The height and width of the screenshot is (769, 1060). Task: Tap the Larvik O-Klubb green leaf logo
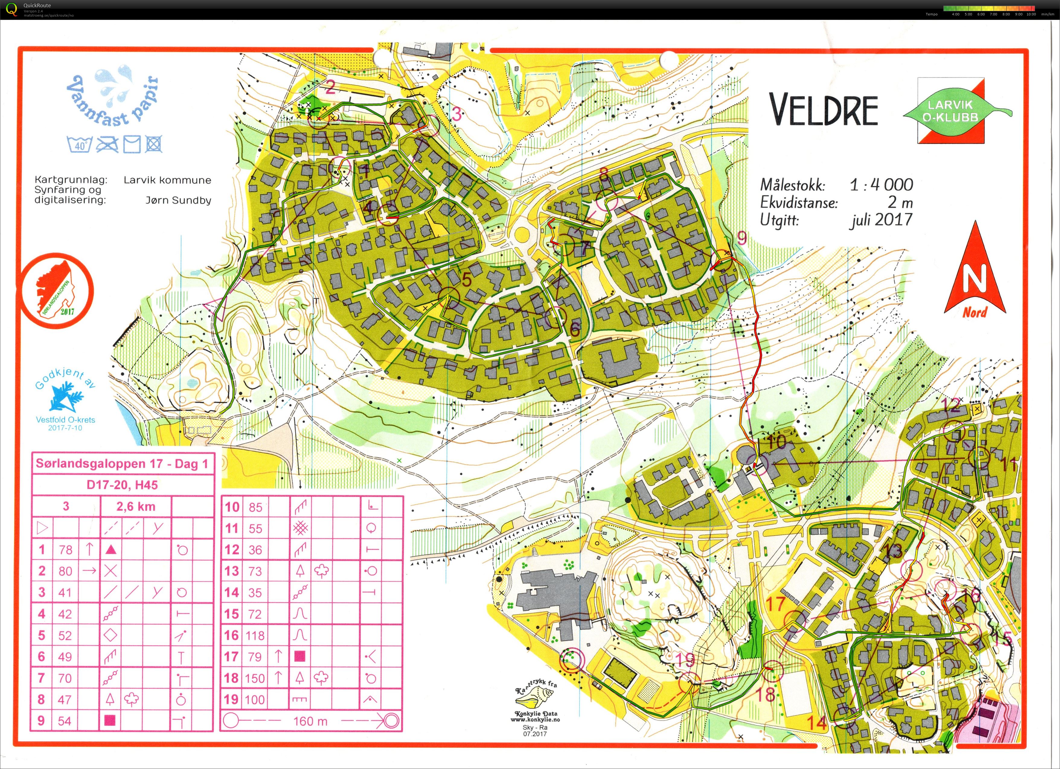point(951,111)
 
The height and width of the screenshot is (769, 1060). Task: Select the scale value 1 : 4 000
point(881,185)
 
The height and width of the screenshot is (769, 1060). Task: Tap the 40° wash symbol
point(80,145)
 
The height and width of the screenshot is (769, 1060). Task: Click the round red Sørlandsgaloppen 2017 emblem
point(57,291)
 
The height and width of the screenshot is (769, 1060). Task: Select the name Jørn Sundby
point(178,200)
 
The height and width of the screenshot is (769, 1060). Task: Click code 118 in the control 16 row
point(255,635)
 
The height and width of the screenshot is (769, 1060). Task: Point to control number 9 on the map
point(742,238)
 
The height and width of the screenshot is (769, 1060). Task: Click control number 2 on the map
point(330,87)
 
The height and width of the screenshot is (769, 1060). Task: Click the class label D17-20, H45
point(123,485)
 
